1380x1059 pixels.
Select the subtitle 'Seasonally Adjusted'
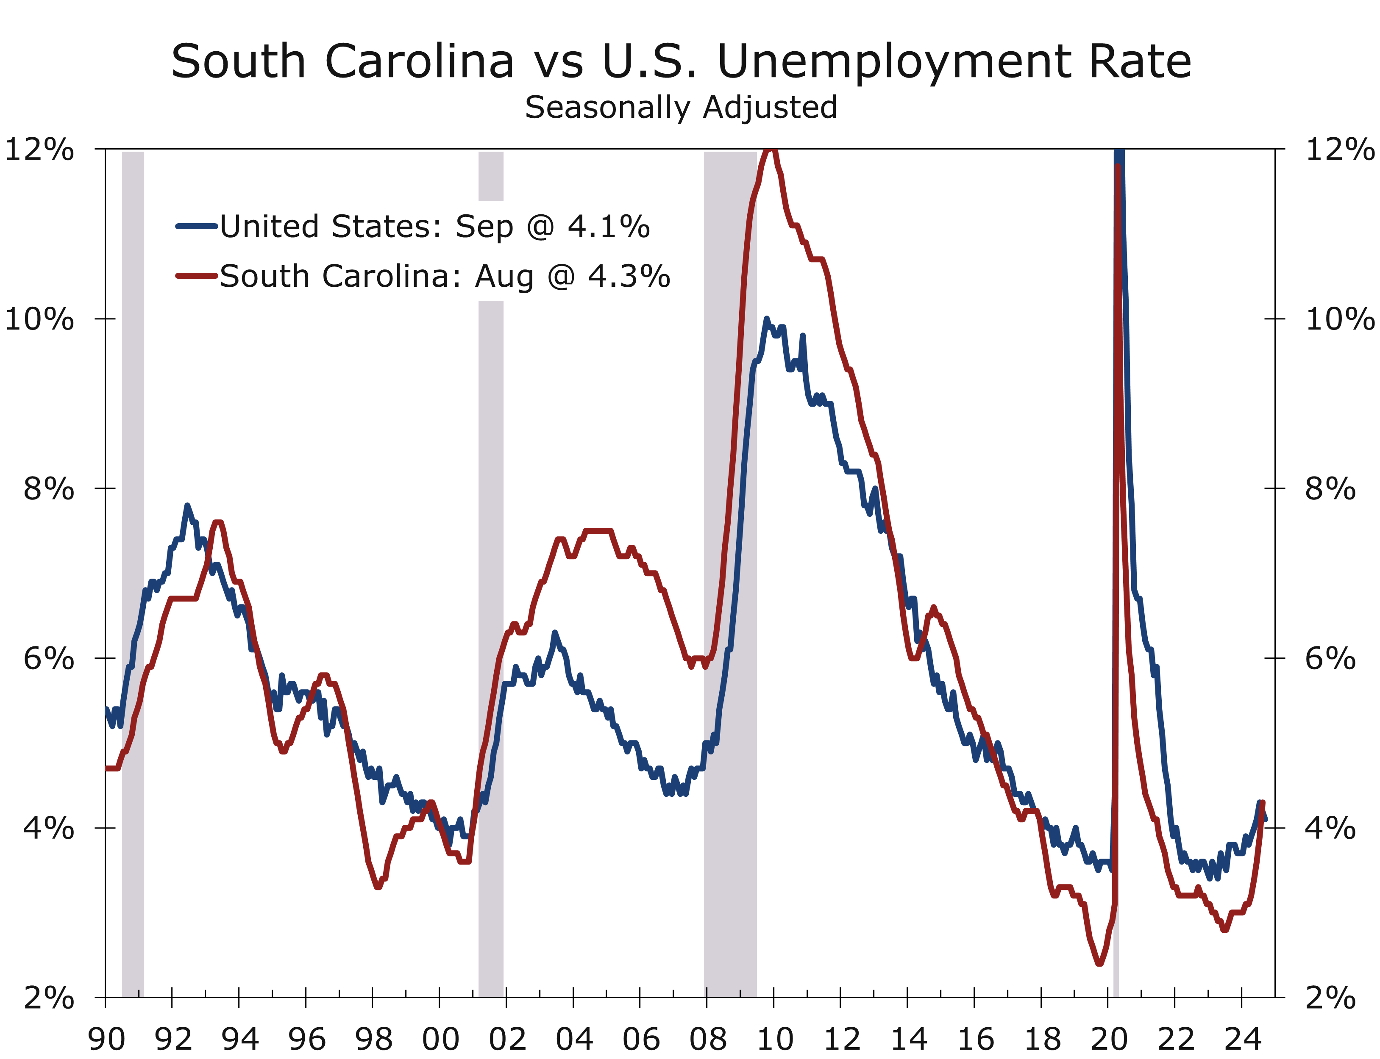681,107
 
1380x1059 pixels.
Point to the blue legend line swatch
197,226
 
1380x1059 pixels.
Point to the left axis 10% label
39,319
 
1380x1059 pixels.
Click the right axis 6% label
1330,659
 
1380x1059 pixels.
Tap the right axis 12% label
1338,150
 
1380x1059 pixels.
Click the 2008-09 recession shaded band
730,567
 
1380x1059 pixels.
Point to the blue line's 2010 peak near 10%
766,319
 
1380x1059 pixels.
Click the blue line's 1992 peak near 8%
186,505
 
